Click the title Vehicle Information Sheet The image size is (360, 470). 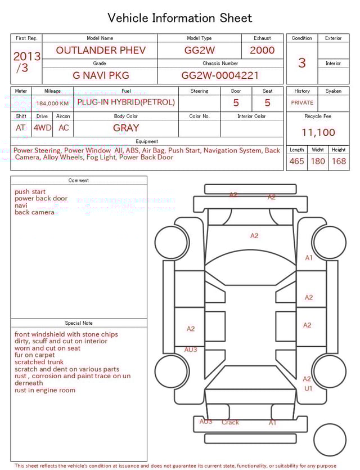tap(180, 18)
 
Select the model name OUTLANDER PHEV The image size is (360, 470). tap(101, 50)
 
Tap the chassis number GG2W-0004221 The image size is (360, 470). tap(220, 75)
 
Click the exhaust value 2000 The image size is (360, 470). tap(262, 50)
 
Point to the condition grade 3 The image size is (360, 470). tap(302, 62)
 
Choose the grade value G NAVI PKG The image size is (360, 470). tap(101, 75)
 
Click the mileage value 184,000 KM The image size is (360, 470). tap(52, 104)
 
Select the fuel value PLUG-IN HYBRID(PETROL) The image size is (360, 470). tap(126, 102)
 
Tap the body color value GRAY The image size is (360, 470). tap(126, 128)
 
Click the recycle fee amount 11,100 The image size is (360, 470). tap(318, 133)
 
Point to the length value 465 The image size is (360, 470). tap(296, 162)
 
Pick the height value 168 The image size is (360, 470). tap(339, 162)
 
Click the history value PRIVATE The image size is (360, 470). tap(302, 103)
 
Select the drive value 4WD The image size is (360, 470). tap(42, 128)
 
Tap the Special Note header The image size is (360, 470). tap(79, 323)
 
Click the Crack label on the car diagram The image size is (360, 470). tap(230, 422)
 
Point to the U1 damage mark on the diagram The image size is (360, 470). tap(308, 388)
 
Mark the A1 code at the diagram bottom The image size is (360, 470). tap(272, 422)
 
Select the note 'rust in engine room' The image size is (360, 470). tap(45, 390)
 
